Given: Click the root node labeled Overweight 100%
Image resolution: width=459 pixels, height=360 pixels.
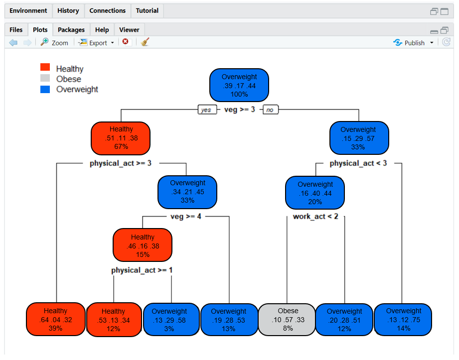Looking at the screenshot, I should click(x=239, y=85).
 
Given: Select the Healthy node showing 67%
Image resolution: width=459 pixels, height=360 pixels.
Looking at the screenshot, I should click(x=121, y=138).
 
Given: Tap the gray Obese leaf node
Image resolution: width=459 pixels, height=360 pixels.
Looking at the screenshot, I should click(x=288, y=319).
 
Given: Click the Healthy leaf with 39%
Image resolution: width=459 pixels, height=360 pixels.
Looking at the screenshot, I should click(x=55, y=319).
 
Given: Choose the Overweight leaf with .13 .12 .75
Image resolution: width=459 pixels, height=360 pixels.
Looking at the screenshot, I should click(x=403, y=319).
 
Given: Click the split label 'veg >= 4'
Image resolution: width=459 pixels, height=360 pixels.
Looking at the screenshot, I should click(x=185, y=217).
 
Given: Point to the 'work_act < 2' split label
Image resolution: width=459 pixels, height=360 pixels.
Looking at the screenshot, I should click(x=315, y=217).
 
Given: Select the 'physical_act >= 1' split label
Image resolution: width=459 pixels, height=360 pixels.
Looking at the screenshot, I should click(x=142, y=270).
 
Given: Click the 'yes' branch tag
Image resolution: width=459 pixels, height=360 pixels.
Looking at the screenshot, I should click(x=206, y=110).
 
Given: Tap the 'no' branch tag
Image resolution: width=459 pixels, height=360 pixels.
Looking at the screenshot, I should click(x=270, y=110).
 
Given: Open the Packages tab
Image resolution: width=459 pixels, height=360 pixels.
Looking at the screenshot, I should click(x=71, y=30).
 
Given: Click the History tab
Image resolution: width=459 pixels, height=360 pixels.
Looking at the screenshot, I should click(x=68, y=10).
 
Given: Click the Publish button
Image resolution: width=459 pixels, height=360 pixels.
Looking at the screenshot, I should click(x=409, y=43).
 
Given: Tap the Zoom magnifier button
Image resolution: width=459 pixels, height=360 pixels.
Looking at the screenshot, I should click(x=54, y=43).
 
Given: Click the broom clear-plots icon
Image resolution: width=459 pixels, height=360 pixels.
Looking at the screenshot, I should click(x=145, y=42).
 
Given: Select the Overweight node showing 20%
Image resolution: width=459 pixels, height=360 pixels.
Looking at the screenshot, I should click(x=315, y=192).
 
